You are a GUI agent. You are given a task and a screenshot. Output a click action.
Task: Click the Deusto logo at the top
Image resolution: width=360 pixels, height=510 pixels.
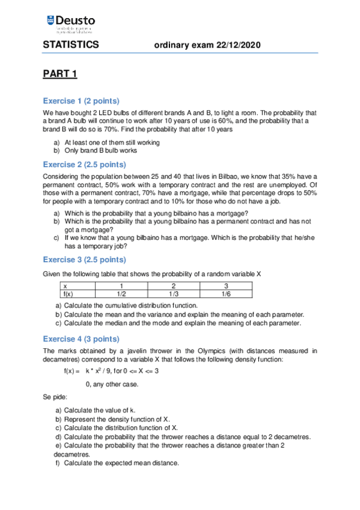click(x=70, y=25)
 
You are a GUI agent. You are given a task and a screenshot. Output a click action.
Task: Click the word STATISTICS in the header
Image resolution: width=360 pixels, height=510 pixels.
click(x=70, y=46)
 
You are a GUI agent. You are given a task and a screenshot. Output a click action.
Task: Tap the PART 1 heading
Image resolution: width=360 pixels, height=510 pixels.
click(x=60, y=74)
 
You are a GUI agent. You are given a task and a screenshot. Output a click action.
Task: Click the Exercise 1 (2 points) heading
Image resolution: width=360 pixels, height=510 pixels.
click(x=81, y=100)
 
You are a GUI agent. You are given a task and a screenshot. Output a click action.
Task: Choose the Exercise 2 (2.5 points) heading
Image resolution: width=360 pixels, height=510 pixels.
click(x=85, y=164)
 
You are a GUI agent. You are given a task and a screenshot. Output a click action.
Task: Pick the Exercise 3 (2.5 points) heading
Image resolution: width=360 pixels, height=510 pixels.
click(x=85, y=259)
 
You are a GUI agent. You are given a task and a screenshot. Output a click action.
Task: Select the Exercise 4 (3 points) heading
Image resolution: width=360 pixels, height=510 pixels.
click(x=81, y=338)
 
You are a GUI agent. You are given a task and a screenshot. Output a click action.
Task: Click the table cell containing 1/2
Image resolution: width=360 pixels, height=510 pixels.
click(x=121, y=294)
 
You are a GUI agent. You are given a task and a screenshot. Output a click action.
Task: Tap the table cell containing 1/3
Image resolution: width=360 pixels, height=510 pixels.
click(x=174, y=294)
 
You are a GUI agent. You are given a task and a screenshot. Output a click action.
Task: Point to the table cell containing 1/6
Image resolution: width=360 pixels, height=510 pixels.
click(x=226, y=294)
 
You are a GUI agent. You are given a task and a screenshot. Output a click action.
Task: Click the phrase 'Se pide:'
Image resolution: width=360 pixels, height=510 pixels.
click(x=55, y=397)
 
